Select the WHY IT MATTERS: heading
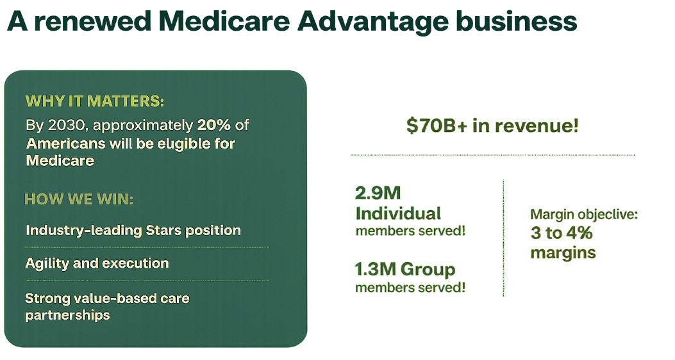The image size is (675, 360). click(95, 101)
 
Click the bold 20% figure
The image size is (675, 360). click(214, 125)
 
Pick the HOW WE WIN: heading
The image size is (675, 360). click(79, 199)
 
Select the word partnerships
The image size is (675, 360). click(67, 315)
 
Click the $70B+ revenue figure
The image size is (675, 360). click(437, 126)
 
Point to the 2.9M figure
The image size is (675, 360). click(378, 193)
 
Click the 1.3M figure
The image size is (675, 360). click(375, 270)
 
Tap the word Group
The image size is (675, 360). click(428, 270)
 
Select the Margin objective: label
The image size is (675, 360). click(584, 214)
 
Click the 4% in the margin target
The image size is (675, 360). click(579, 233)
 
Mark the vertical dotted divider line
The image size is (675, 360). click(503, 238)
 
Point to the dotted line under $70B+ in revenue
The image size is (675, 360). click(492, 155)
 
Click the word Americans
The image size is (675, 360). click(66, 143)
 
